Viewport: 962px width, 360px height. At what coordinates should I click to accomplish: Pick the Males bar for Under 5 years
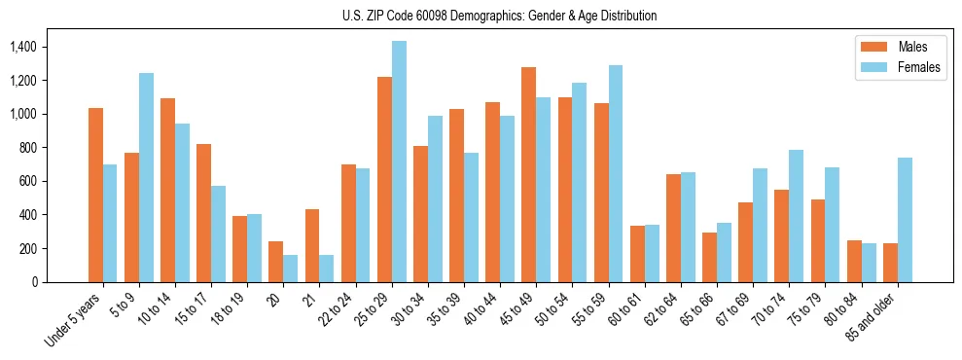[95, 195]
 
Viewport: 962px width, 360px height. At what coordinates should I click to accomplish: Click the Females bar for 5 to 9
[146, 177]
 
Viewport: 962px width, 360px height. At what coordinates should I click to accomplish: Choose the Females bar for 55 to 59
[616, 173]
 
